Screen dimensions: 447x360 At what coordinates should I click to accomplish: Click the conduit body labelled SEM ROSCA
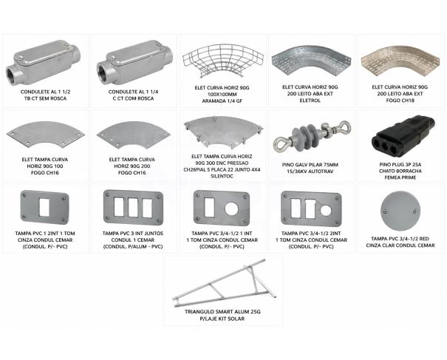(x=44, y=62)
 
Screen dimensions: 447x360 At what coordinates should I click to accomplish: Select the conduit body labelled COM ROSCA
(x=134, y=62)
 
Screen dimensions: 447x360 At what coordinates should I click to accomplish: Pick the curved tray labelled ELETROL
(x=311, y=61)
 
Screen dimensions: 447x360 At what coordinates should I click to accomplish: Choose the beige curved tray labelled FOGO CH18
(x=400, y=61)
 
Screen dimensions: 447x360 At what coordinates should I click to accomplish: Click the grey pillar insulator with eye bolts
(x=312, y=136)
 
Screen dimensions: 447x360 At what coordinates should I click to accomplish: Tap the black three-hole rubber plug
(x=403, y=135)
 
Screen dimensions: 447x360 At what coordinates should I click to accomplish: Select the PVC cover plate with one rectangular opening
(x=45, y=208)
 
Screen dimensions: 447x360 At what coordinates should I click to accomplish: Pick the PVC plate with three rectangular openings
(x=134, y=208)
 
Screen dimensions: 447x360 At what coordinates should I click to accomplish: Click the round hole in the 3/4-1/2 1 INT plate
(x=231, y=209)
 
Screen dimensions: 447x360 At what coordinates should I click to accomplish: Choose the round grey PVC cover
(x=400, y=211)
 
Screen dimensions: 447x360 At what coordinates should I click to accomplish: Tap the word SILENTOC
(x=222, y=176)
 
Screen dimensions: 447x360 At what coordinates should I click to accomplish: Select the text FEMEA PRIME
(x=400, y=177)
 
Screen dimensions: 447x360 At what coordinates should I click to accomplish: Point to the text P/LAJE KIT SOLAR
(x=222, y=319)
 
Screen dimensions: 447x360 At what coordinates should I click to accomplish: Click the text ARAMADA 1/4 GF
(x=222, y=101)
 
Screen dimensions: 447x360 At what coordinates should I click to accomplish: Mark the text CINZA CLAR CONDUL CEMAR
(x=400, y=245)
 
